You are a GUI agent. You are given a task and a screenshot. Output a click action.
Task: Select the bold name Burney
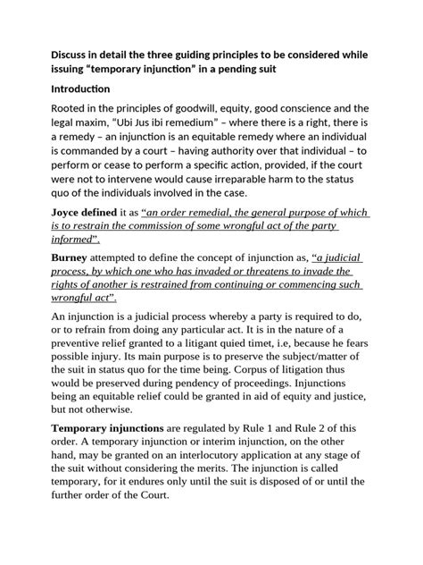pyautogui.click(x=52, y=257)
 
